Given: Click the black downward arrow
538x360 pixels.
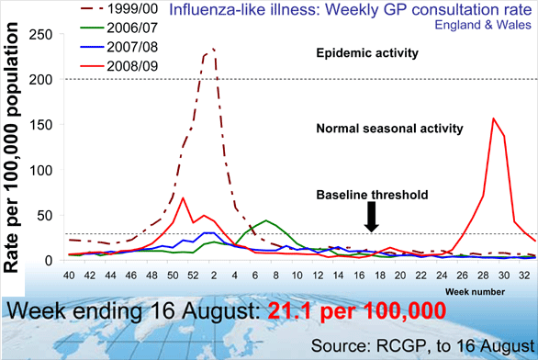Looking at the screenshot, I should [371, 218].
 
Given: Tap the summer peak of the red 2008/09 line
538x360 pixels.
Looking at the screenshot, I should [494, 118].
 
